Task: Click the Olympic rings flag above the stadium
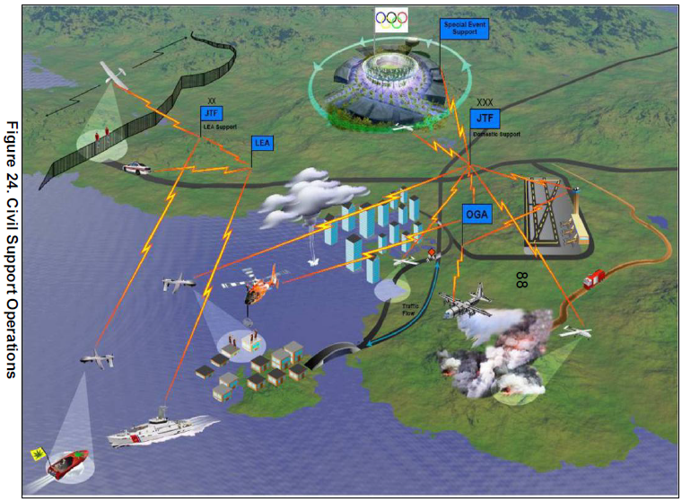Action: point(391,20)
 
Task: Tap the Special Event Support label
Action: point(464,28)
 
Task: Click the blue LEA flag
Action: point(263,142)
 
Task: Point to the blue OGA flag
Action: point(477,215)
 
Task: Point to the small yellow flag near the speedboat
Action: point(37,453)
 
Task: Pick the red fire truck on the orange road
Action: point(596,278)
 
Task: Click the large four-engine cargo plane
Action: point(467,301)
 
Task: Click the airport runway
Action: point(544,214)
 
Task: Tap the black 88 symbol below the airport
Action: point(521,279)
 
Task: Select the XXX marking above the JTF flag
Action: point(485,102)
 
